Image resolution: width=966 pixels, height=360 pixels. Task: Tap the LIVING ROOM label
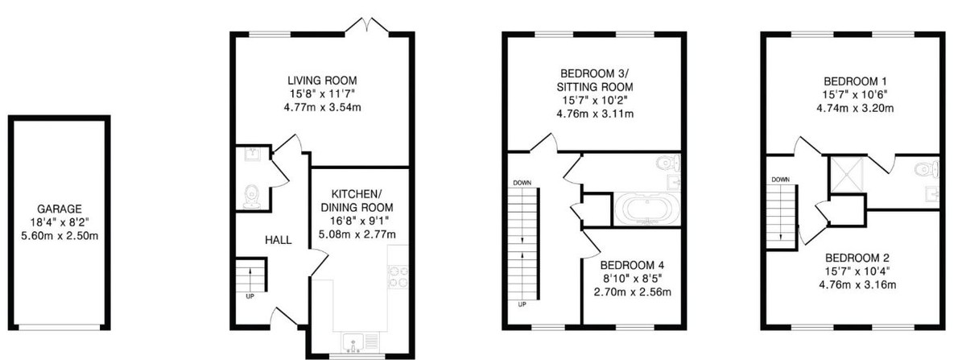322,81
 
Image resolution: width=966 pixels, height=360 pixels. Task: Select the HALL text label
279,240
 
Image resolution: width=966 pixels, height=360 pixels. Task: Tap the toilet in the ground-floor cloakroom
250,195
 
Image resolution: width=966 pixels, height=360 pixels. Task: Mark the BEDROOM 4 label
632,265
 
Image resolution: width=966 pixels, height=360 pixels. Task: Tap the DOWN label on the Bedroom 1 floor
780,180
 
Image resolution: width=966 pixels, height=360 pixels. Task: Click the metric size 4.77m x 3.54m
322,108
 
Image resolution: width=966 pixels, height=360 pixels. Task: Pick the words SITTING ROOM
595,87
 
